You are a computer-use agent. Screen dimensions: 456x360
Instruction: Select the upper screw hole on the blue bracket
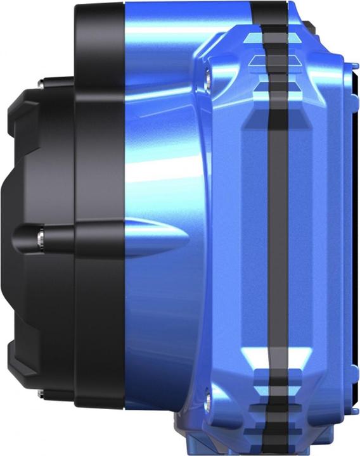click(x=209, y=77)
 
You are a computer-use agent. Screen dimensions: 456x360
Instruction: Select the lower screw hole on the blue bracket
click(x=209, y=398)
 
